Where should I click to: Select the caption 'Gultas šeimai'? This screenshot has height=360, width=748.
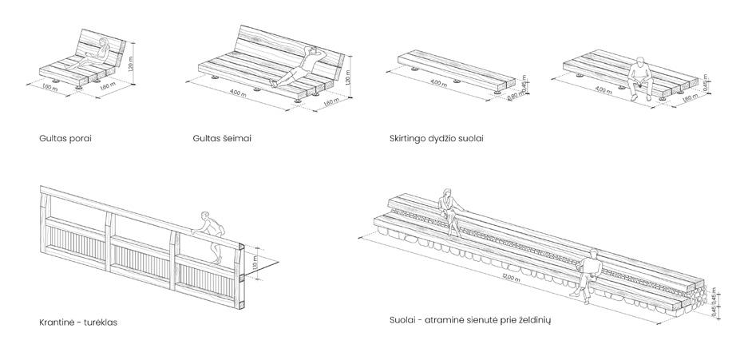(x=217, y=138)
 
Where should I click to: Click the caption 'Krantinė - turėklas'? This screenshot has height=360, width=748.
(x=73, y=323)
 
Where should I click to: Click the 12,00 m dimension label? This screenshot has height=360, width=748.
(x=501, y=277)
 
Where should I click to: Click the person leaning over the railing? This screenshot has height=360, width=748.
(x=208, y=234)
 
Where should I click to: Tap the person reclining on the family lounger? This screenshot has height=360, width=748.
(x=297, y=68)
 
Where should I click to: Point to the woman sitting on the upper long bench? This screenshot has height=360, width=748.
(x=449, y=208)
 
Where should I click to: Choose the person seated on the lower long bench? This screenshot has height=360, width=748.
(x=589, y=273)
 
